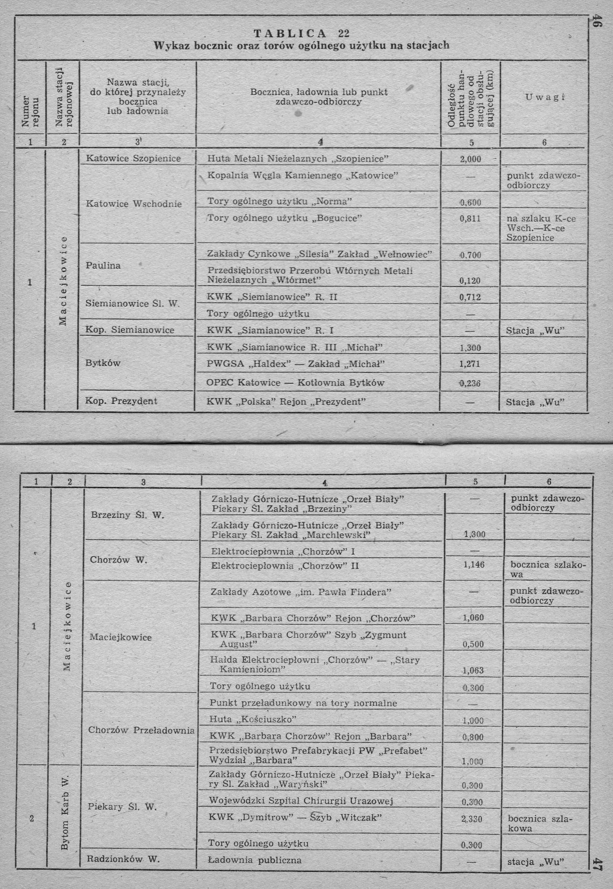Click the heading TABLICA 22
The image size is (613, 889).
click(x=302, y=34)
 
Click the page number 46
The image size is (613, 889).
click(x=596, y=21)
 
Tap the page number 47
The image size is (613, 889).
click(x=598, y=865)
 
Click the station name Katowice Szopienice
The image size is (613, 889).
click(x=134, y=158)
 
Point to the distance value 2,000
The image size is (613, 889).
click(x=470, y=159)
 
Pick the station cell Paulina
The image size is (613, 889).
click(x=103, y=266)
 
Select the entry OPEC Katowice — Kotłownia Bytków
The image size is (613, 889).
click(x=295, y=383)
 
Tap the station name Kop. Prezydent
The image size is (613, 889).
click(x=121, y=401)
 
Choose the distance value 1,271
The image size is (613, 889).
click(x=470, y=364)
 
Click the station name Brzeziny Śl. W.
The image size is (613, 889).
click(x=127, y=515)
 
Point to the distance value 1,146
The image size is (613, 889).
click(x=474, y=565)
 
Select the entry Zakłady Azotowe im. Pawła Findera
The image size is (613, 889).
click(x=301, y=592)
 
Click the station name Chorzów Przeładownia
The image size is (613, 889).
click(x=141, y=730)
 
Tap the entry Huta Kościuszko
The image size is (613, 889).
click(x=253, y=719)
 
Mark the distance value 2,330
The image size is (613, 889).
click(x=472, y=819)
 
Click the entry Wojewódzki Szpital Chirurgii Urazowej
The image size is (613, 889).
click(x=301, y=801)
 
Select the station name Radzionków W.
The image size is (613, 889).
click(x=123, y=859)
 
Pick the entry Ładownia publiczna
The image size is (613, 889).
click(x=255, y=860)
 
